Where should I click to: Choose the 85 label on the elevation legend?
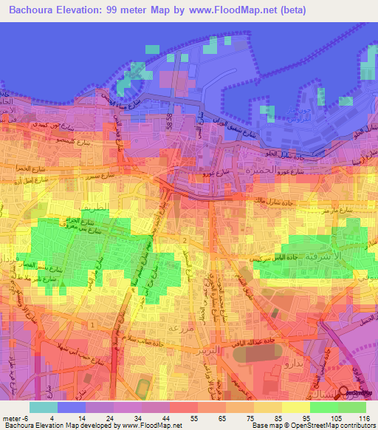click(x=277, y=417)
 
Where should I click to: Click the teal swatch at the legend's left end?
click(x=43, y=407)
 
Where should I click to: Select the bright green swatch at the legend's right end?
click(x=351, y=407)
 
